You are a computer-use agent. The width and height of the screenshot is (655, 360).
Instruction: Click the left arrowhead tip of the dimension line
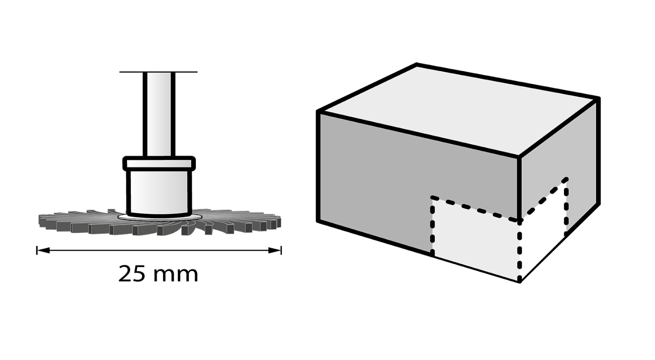tap(37, 250)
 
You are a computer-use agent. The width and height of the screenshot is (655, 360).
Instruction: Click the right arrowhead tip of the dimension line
tap(281, 250)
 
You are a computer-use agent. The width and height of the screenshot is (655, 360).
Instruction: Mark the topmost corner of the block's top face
tap(416, 64)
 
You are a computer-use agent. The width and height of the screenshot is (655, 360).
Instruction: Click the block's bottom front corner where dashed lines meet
tap(520, 281)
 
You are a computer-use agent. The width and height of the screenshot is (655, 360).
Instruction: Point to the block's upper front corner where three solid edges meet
tap(520, 157)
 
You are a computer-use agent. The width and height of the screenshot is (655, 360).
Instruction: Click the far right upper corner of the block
tap(598, 99)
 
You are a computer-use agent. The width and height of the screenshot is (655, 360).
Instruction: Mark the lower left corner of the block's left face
tap(318, 221)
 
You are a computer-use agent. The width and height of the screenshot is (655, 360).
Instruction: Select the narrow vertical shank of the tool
tap(159, 114)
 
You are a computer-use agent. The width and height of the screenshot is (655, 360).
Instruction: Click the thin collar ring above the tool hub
tap(159, 163)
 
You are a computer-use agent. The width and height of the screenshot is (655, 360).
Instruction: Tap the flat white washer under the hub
tap(160, 217)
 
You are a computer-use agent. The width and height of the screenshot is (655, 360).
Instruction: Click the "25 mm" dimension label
tap(158, 274)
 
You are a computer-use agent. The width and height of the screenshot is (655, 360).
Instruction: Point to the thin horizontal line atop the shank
tap(158, 72)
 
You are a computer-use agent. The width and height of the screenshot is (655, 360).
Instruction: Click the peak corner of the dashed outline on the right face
tap(567, 179)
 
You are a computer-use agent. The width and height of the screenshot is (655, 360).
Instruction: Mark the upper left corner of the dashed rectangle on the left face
tap(432, 197)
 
